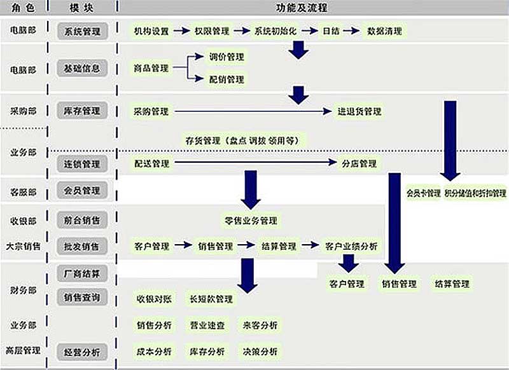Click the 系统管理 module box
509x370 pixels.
pyautogui.click(x=82, y=31)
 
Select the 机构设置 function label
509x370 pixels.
pyautogui.click(x=151, y=31)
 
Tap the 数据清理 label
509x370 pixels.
pyautogui.click(x=384, y=31)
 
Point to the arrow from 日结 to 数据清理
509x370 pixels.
pyautogui.click(x=352, y=31)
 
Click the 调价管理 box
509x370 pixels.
pyautogui.click(x=227, y=57)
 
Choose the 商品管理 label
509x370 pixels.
pyautogui.click(x=151, y=68)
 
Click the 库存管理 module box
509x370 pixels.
pyautogui.click(x=82, y=111)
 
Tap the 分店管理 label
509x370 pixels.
pyautogui.click(x=359, y=163)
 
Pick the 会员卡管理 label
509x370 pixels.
pyautogui.click(x=424, y=193)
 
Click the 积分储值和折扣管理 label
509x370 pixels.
pyautogui.click(x=475, y=193)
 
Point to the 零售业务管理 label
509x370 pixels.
pyautogui.click(x=251, y=221)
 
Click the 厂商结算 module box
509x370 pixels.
pyautogui.click(x=82, y=274)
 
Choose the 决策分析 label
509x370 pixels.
pyautogui.click(x=260, y=351)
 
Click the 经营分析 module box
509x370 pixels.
pyautogui.click(x=82, y=352)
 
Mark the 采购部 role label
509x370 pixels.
pyautogui.click(x=23, y=111)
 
